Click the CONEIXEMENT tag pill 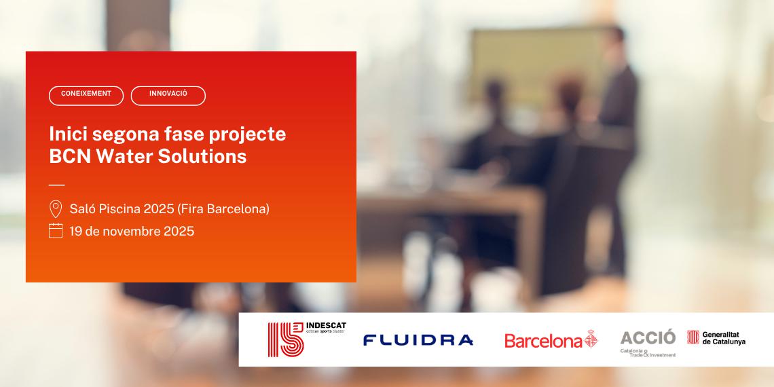86,96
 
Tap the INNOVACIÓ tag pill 168,96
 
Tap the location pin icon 56,208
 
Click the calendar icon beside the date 56,231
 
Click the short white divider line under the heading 57,185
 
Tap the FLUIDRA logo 418,339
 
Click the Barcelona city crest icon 591,339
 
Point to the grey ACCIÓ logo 648,337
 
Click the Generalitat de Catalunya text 724,337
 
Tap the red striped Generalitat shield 693,337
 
